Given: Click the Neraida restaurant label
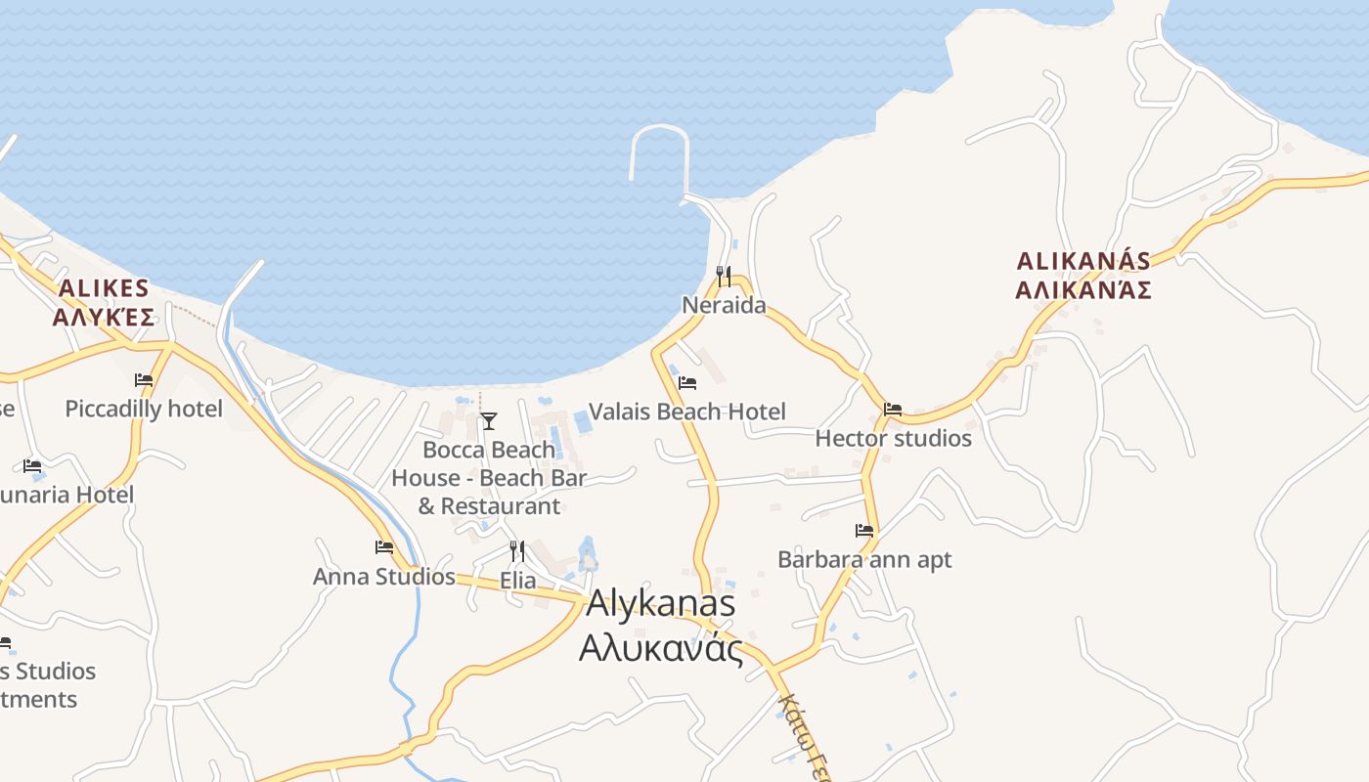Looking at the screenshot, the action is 724,305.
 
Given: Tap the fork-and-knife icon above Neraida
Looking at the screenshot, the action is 724,277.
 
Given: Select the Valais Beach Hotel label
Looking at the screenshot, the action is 686,412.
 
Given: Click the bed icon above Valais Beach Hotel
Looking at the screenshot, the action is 687,382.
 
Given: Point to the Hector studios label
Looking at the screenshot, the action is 893,438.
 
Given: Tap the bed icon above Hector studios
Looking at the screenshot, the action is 893,410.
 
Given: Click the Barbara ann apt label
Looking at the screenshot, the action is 864,559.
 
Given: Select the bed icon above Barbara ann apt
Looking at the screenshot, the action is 864,531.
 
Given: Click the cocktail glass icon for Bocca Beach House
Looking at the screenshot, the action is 489,421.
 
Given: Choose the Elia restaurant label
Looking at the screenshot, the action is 517,580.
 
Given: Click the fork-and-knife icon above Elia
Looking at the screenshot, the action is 517,551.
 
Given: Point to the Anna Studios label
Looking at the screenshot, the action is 384,577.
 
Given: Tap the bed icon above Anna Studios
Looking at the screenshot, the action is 384,547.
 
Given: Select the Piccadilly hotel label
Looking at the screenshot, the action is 144,409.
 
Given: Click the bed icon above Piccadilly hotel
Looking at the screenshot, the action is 144,379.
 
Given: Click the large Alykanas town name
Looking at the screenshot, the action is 660,603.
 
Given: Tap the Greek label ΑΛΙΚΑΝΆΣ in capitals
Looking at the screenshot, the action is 1082,290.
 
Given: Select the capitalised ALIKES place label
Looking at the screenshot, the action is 104,288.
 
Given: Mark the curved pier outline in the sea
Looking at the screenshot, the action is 660,129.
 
